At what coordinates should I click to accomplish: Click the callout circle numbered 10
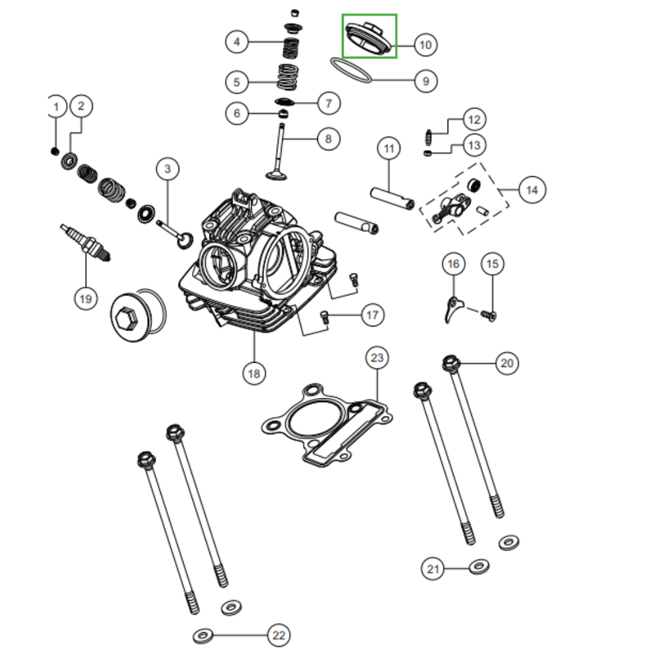[x=425, y=45]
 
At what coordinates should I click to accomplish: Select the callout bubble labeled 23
[x=377, y=358]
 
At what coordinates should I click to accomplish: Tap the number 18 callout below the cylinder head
[x=254, y=374]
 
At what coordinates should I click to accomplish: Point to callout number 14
[x=532, y=190]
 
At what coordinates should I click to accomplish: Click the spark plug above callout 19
[x=86, y=244]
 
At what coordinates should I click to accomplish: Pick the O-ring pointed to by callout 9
[x=351, y=70]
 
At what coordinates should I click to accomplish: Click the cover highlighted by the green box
[x=369, y=38]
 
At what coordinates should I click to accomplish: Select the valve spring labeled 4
[x=291, y=47]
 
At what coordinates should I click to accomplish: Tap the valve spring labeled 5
[x=288, y=77]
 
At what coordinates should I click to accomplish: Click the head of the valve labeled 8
[x=275, y=174]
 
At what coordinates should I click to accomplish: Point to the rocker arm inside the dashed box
[x=451, y=208]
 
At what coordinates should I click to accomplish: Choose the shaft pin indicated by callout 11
[x=392, y=199]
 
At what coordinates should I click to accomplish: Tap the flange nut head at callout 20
[x=450, y=363]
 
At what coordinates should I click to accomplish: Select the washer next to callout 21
[x=479, y=567]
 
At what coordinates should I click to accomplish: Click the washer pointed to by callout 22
[x=203, y=636]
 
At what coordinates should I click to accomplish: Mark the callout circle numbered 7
[x=329, y=104]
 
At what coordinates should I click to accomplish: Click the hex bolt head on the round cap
[x=127, y=320]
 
